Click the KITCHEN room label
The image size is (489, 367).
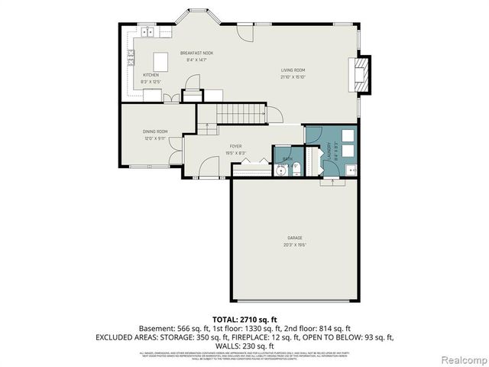151,74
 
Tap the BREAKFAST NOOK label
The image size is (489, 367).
197,53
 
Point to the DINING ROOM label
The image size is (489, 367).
155,132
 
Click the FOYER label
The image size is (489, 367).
236,146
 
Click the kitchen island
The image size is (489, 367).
161,60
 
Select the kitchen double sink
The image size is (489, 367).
147,32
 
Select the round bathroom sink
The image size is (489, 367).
282,170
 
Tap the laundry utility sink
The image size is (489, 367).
351,169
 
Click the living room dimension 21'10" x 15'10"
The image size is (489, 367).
293,76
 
